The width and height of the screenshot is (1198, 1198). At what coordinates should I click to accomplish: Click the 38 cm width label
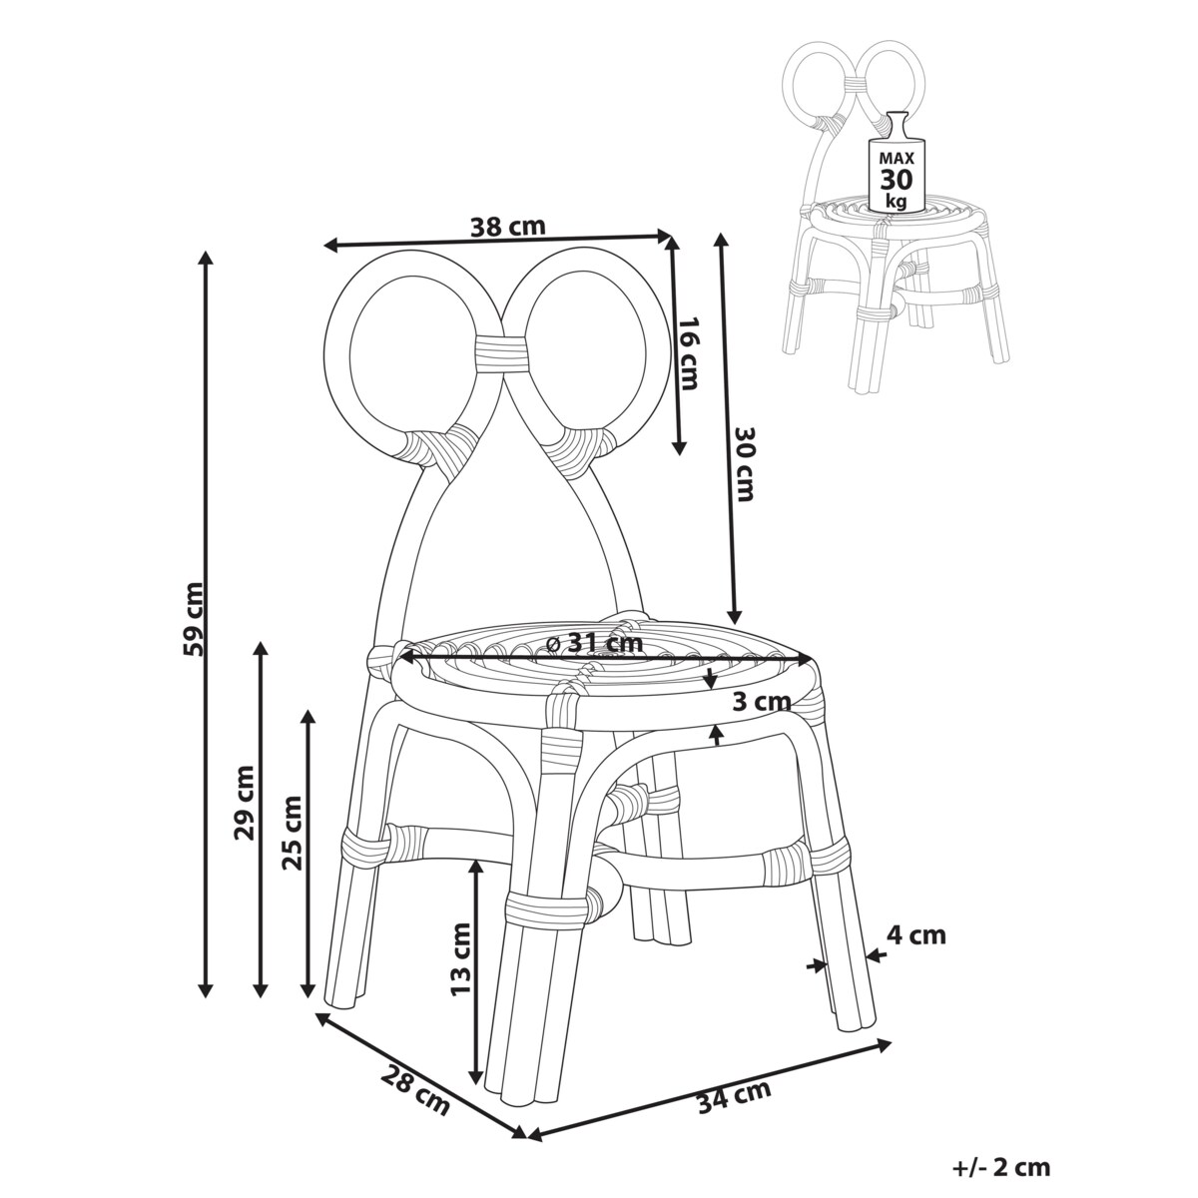point(507,227)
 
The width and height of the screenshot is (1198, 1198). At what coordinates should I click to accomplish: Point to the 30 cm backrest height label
point(746,463)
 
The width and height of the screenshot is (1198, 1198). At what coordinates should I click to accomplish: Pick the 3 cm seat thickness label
point(755,702)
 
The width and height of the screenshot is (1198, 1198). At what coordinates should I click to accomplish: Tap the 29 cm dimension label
point(246,801)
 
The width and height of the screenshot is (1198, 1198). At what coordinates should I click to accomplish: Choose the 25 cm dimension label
point(292,834)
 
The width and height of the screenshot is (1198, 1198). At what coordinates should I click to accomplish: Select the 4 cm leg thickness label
point(915,935)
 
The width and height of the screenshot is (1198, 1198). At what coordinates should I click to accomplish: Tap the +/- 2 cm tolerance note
point(1000,1167)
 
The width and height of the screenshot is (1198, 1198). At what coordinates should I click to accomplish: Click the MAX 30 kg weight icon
point(894,167)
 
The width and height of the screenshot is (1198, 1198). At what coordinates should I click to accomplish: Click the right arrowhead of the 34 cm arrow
point(887,1044)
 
